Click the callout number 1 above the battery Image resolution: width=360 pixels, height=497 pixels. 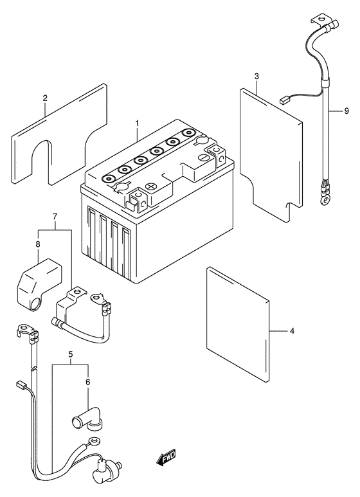coord(137,123)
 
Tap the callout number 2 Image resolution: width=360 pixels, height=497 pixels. coord(45,98)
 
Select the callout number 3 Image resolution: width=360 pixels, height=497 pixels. coord(256,77)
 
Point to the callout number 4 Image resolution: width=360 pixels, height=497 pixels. coord(292,331)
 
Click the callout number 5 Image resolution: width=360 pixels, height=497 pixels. coord(70,354)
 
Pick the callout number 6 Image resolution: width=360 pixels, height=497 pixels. coord(88,382)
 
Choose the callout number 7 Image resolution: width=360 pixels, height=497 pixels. coord(55,217)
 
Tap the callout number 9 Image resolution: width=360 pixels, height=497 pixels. coord(346,111)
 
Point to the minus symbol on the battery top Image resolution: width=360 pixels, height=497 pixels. coord(202,158)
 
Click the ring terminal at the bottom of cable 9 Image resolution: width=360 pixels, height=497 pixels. coord(324,199)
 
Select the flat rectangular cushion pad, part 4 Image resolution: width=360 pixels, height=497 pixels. coord(238,325)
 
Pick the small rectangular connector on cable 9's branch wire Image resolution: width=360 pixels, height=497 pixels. coord(284,100)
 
